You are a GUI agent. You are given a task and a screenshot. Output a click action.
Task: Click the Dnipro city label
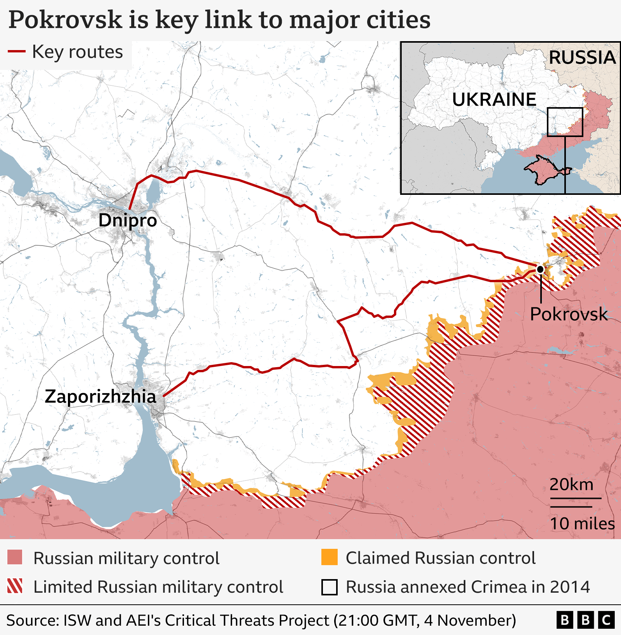pos(127,220)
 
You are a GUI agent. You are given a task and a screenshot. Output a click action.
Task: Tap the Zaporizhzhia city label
pos(100,397)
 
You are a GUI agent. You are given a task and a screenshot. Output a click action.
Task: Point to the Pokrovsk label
pos(568,314)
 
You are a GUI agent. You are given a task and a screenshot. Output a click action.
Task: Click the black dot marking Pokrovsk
pos(540,269)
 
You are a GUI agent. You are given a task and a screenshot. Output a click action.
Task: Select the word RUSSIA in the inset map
pos(582,58)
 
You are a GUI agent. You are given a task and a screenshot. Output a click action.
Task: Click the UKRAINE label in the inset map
pos(494,100)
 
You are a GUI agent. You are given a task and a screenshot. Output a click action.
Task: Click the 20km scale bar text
pos(571,485)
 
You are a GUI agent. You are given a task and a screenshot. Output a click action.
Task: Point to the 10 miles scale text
pos(582,524)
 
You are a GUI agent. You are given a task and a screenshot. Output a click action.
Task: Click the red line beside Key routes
pos(17,51)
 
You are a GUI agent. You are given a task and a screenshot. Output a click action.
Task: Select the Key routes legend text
pos(77,52)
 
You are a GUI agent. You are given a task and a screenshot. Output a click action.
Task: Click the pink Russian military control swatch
pos(15,557)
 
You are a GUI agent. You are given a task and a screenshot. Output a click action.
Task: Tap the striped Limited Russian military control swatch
pos(15,586)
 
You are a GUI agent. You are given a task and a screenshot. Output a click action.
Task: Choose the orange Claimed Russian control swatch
pos(329,557)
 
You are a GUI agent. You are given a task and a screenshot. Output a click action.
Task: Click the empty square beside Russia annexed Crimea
pos(329,587)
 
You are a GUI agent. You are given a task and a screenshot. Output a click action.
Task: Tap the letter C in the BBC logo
pos(606,620)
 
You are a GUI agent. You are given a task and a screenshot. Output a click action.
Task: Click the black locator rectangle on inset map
pos(565,122)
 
